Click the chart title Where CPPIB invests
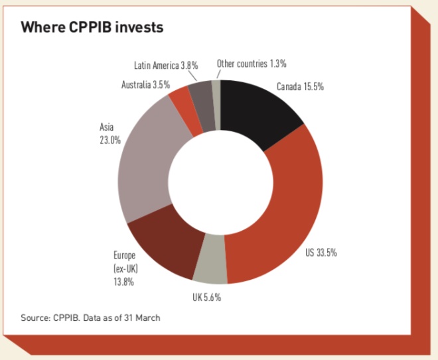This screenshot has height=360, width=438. click(x=92, y=28)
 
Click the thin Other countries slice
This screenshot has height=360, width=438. click(x=216, y=90)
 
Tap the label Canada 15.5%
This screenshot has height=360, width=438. click(x=300, y=87)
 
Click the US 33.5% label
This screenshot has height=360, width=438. click(x=327, y=252)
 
